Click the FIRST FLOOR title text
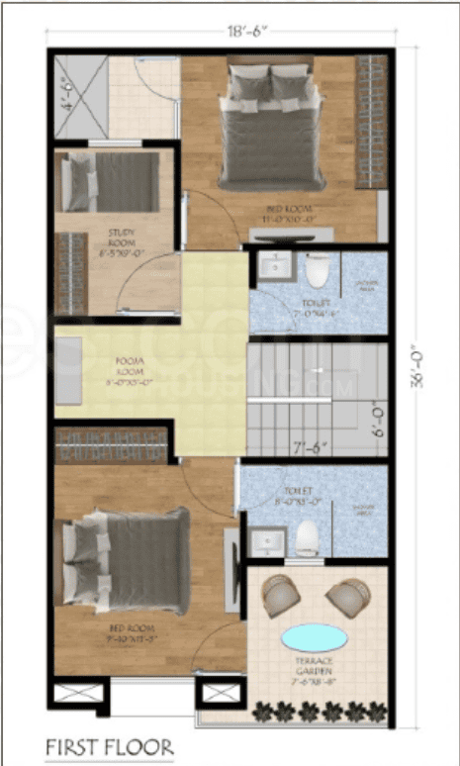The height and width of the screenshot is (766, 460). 108,745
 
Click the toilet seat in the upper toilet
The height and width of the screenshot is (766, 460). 317,269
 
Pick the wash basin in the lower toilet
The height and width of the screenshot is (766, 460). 265,543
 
